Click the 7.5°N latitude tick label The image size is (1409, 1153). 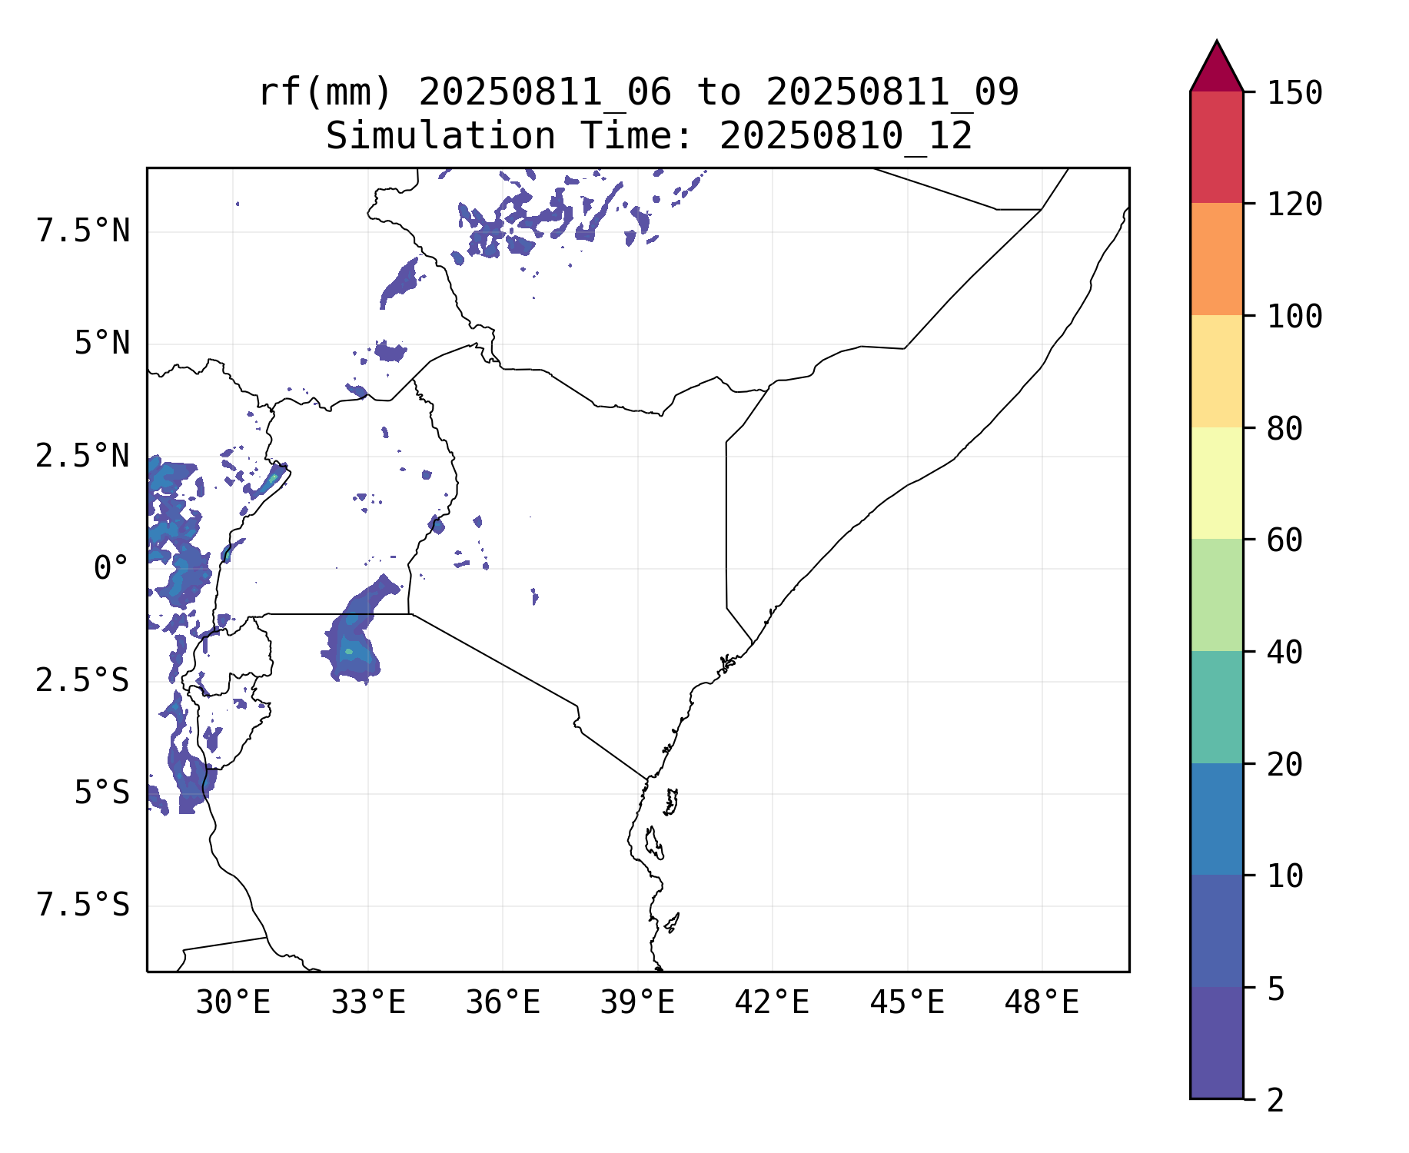click(x=83, y=231)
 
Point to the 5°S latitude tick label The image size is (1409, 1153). click(x=101, y=793)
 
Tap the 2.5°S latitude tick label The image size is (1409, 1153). click(x=83, y=681)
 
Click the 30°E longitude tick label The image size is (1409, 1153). click(x=233, y=1003)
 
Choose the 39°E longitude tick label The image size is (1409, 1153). click(x=637, y=1003)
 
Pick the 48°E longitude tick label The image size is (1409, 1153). click(x=1042, y=1003)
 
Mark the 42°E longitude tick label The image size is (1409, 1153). click(x=772, y=1003)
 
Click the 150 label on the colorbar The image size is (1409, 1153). click(x=1294, y=93)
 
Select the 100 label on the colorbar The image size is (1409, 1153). click(x=1294, y=316)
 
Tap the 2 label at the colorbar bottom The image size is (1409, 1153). click(x=1275, y=1101)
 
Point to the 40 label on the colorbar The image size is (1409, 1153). click(x=1284, y=653)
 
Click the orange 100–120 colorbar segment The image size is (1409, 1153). click(x=1216, y=259)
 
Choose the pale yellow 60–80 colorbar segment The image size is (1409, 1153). click(x=1216, y=483)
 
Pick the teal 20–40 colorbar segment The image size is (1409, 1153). click(x=1216, y=707)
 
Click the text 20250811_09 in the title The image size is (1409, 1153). click(x=892, y=93)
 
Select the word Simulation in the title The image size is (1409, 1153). click(x=440, y=137)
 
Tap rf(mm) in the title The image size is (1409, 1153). click(x=325, y=93)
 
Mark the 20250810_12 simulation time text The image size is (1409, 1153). click(x=846, y=137)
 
